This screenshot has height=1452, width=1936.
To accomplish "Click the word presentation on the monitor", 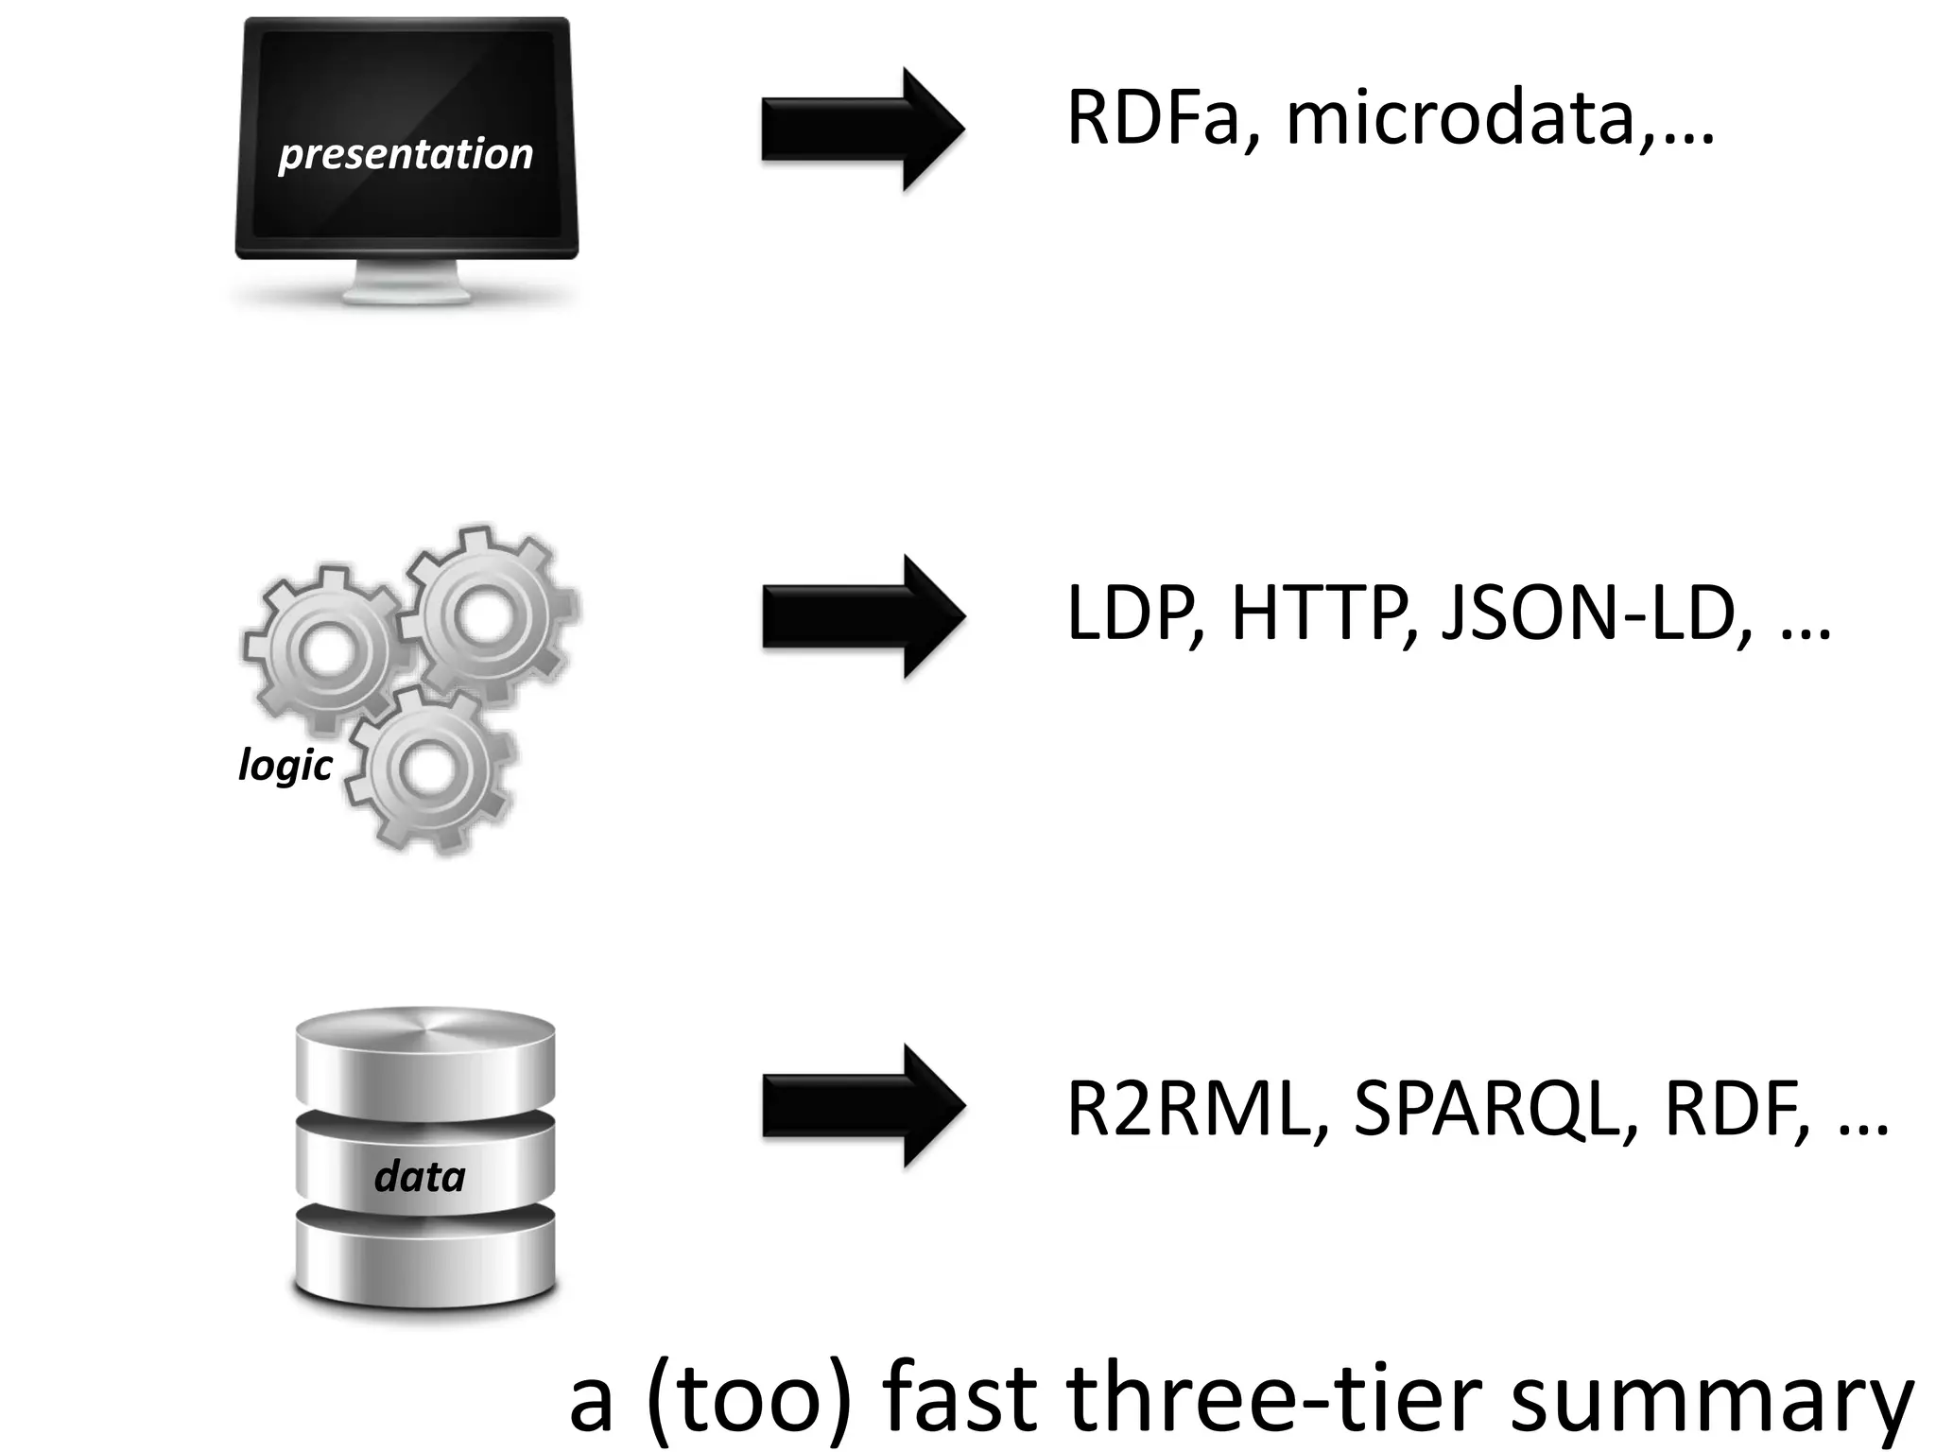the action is click(406, 153).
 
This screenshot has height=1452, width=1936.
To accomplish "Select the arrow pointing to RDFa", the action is click(862, 129).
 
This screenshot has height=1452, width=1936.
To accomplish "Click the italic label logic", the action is click(285, 764).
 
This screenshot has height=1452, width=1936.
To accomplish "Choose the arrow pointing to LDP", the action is click(862, 616).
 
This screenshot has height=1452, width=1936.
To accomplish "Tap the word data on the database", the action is click(421, 1176).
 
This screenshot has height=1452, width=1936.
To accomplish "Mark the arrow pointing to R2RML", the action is click(862, 1105).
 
